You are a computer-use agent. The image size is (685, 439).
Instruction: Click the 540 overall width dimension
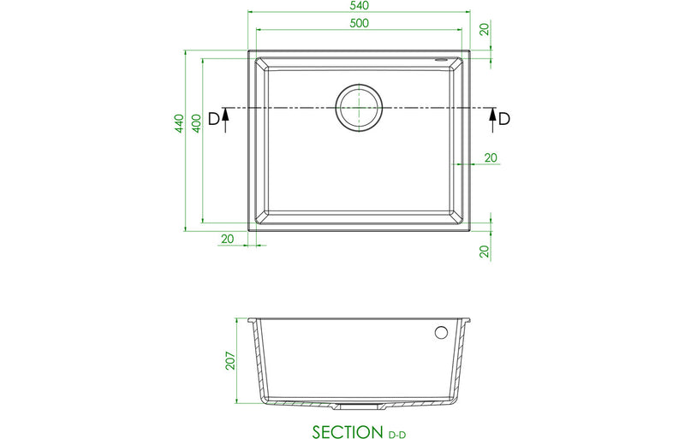pyautogui.click(x=359, y=6)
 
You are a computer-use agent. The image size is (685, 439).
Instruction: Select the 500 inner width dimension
pyautogui.click(x=359, y=23)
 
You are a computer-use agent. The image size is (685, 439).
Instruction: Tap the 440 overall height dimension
pyautogui.click(x=179, y=124)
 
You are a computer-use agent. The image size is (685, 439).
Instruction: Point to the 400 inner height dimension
pyautogui.click(x=196, y=122)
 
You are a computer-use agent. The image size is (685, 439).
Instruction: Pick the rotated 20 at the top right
pyautogui.click(x=485, y=29)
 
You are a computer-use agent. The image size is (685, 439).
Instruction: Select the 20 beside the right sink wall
pyautogui.click(x=491, y=157)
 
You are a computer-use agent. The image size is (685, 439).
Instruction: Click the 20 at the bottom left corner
pyautogui.click(x=227, y=239)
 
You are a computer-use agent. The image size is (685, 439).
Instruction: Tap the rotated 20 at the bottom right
pyautogui.click(x=485, y=251)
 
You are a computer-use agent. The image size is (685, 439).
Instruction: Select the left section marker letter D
pyautogui.click(x=214, y=119)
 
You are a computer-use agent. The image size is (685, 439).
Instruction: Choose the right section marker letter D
pyautogui.click(x=504, y=119)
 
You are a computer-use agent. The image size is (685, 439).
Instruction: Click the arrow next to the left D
pyautogui.click(x=225, y=121)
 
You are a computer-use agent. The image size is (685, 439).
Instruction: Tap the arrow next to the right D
pyautogui.click(x=492, y=121)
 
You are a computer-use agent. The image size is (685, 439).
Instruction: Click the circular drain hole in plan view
pyautogui.click(x=359, y=109)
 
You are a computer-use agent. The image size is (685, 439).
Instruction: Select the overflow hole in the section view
pyautogui.click(x=442, y=332)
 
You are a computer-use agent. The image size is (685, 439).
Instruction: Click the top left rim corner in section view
pyautogui.click(x=250, y=321)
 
